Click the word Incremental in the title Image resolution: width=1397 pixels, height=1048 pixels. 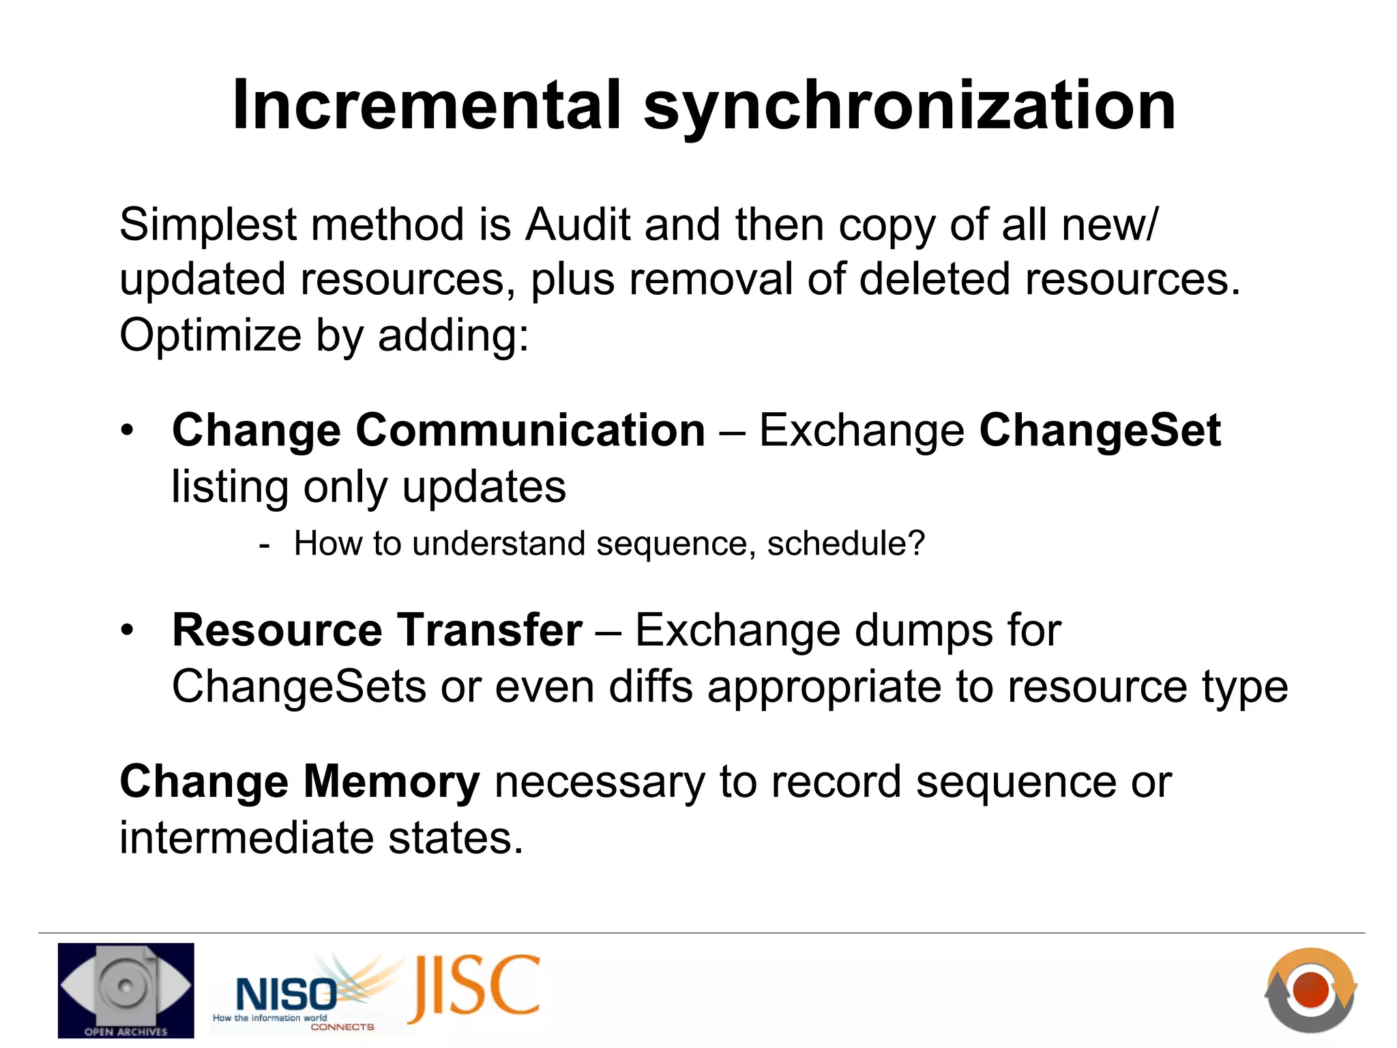pyautogui.click(x=427, y=106)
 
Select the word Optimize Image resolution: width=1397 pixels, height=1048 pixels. pyautogui.click(x=210, y=336)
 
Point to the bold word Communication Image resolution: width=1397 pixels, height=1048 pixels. pyautogui.click(x=530, y=431)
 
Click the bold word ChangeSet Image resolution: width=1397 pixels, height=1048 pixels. pyautogui.click(x=1100, y=431)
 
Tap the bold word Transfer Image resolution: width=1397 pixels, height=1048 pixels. pyautogui.click(x=490, y=630)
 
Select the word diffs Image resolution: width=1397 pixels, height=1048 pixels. pyautogui.click(x=651, y=686)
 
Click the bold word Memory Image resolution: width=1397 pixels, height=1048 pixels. pyautogui.click(x=392, y=782)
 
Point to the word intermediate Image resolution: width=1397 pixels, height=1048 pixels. pyautogui.click(x=246, y=838)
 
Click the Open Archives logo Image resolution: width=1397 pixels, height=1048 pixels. pyautogui.click(x=126, y=990)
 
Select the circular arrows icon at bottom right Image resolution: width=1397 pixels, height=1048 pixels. pyautogui.click(x=1310, y=990)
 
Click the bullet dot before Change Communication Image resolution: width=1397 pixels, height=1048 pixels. pyautogui.click(x=127, y=431)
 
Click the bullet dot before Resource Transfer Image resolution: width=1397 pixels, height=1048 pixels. pyautogui.click(x=127, y=630)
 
